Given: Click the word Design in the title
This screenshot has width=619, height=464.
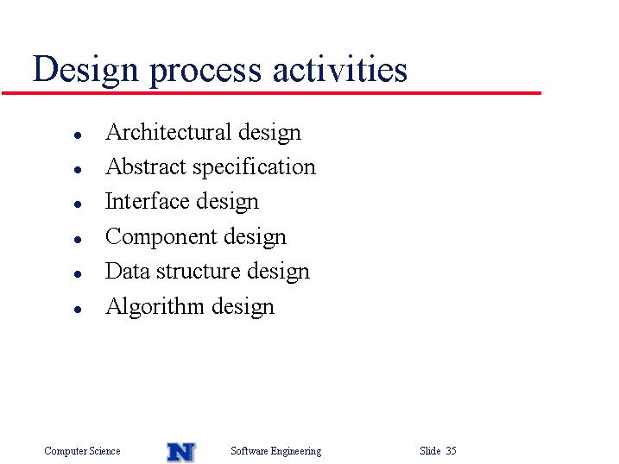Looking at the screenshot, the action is [85, 70].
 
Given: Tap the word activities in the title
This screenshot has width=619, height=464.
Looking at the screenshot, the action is [339, 69].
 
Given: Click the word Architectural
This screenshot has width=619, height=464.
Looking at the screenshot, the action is [168, 132].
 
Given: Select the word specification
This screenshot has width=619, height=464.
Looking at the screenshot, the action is [254, 167].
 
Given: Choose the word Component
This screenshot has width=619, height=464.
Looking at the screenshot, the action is [161, 237].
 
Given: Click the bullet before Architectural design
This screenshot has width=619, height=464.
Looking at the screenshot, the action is [78, 135].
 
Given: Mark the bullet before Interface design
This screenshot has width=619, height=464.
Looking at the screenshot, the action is [78, 204].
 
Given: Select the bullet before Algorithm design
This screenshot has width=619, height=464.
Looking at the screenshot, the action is [78, 310].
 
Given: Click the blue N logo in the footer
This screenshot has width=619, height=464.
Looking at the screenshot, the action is [180, 452].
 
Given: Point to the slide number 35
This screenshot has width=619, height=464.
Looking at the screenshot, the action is [451, 450].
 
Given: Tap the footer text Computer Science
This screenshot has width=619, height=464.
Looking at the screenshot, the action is [82, 451].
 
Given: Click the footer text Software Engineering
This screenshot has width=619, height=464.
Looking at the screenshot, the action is [276, 451].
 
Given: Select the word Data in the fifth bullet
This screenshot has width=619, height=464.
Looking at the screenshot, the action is [127, 271].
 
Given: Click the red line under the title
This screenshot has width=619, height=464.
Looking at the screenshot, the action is [271, 93].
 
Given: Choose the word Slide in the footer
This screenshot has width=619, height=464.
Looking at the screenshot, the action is [430, 450].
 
